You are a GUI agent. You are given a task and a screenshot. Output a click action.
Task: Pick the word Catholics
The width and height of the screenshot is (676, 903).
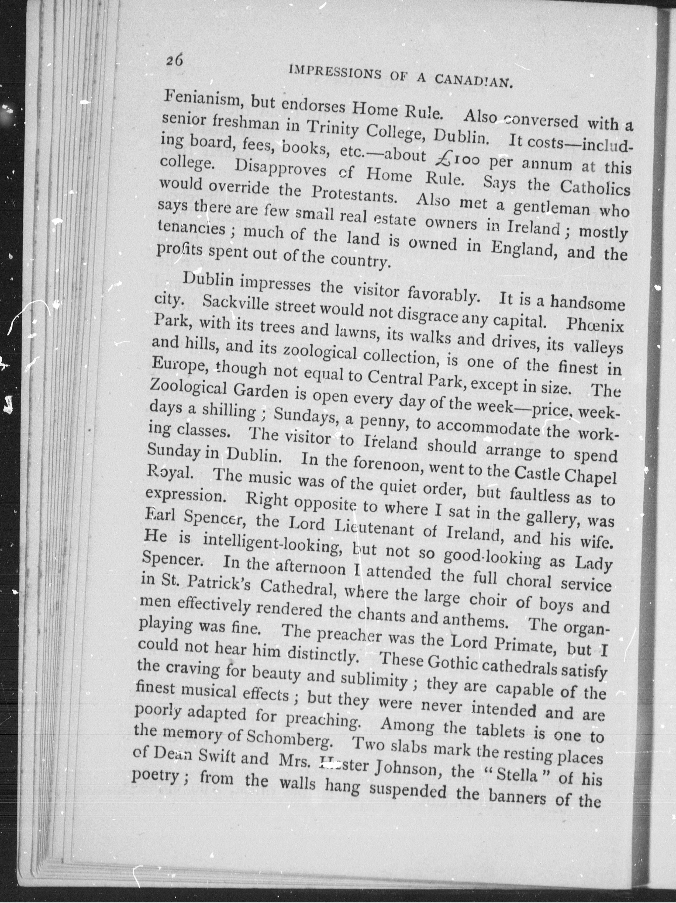coord(595,188)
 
